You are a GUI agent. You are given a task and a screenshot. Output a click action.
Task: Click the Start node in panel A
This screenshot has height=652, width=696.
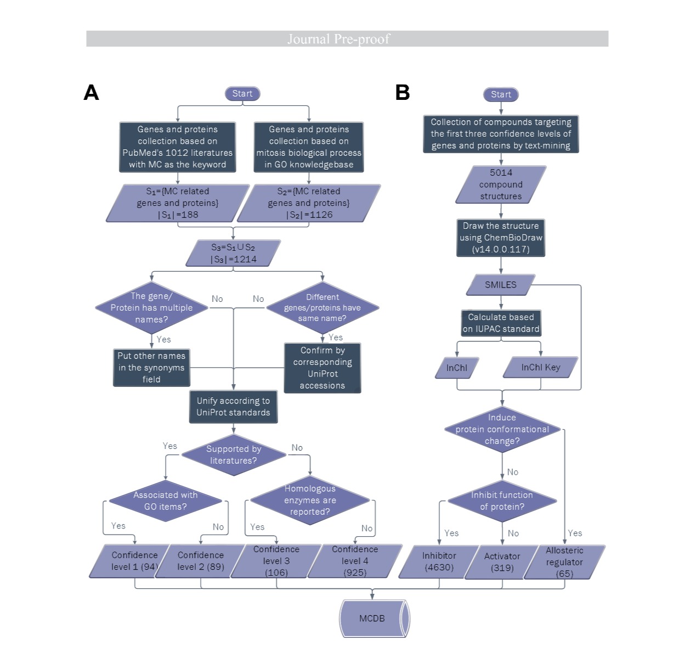242,94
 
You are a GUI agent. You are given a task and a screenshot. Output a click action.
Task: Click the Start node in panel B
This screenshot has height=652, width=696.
501,94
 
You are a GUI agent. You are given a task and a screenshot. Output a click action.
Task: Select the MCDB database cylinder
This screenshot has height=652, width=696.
374,619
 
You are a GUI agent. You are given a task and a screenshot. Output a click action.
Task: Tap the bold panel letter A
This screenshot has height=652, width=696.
91,93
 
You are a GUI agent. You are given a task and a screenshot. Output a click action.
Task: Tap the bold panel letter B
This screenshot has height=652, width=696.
403,92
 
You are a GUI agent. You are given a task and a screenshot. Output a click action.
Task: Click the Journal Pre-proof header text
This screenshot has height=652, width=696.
338,39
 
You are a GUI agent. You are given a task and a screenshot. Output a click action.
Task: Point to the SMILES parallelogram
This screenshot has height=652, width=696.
500,285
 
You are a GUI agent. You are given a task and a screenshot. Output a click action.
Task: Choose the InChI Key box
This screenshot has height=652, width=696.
540,368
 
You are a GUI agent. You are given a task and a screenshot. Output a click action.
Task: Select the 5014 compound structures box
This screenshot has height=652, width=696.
501,184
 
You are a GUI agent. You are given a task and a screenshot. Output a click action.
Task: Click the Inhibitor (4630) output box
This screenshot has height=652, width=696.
439,561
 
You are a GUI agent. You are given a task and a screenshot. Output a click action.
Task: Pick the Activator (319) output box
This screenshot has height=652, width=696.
502,562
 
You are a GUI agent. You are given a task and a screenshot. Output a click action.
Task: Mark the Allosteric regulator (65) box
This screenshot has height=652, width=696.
564,562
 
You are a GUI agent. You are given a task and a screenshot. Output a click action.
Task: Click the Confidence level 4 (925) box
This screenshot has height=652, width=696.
355,561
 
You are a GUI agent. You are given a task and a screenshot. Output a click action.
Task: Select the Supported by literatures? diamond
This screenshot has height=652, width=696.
234,454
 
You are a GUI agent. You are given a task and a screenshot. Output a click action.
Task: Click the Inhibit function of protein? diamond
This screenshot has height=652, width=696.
502,501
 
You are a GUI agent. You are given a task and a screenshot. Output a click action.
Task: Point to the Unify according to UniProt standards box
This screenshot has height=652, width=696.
233,407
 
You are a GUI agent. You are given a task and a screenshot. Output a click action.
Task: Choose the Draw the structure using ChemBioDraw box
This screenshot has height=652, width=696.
501,238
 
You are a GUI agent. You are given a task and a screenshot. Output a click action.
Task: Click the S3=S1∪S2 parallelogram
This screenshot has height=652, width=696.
233,253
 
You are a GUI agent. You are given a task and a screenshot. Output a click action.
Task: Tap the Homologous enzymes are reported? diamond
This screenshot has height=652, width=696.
310,500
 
